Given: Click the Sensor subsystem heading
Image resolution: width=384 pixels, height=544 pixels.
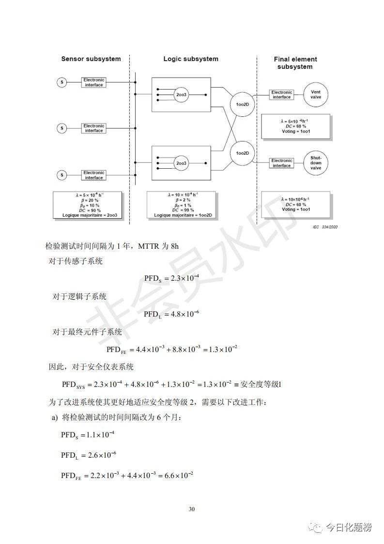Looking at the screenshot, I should [x=91, y=59].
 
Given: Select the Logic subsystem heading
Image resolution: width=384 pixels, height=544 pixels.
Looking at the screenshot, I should [x=191, y=59].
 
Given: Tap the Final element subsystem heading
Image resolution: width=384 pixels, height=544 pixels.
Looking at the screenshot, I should [x=295, y=63].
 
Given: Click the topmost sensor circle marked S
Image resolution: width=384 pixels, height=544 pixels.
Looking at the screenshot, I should [x=62, y=82].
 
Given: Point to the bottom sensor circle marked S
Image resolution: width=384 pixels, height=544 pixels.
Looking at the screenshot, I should [x=62, y=175].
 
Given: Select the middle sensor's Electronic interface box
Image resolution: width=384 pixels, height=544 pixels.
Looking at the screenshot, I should [x=94, y=128].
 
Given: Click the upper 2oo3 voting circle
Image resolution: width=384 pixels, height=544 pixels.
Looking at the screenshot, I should [x=181, y=95].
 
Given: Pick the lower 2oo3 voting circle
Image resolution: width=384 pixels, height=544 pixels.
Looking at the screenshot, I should [x=181, y=163].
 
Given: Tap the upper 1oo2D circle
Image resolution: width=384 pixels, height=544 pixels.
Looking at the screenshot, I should [x=242, y=104].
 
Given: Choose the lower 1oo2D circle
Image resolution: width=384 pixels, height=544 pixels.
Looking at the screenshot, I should [x=242, y=153].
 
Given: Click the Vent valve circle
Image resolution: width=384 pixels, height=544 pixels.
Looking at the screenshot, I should [x=316, y=95].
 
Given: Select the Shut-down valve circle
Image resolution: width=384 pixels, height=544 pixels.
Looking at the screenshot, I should [x=316, y=163].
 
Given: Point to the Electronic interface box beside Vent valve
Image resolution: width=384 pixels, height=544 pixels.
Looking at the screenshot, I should [x=281, y=95].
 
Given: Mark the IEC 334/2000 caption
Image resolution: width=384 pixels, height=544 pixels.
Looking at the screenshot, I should [x=323, y=226].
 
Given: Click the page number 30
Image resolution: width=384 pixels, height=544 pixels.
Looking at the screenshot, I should [x=192, y=509].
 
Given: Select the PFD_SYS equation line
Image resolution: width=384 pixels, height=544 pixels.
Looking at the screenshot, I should [x=171, y=384].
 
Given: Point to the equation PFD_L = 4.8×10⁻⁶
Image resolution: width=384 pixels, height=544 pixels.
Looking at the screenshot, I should [x=171, y=314].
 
